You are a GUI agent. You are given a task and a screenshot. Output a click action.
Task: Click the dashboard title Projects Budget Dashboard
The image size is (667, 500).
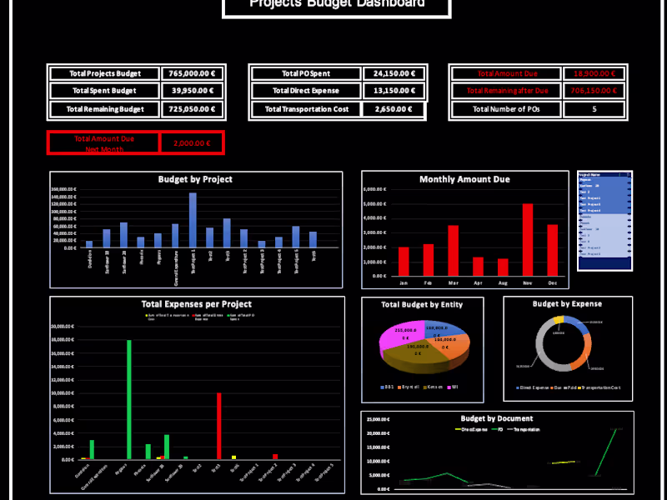pos(337,4)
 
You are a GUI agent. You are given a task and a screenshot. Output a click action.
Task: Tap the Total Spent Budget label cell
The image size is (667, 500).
pos(104,91)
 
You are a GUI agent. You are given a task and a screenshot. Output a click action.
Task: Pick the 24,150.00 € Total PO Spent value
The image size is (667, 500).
pos(394,73)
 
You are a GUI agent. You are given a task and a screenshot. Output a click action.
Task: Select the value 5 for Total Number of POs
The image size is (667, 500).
pos(594,109)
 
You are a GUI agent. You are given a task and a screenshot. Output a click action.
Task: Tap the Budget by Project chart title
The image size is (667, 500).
pos(195,179)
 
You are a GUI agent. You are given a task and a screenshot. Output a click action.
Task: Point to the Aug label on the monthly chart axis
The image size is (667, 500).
pos(503,283)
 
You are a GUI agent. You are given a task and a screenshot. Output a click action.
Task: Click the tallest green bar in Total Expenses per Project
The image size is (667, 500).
pos(129,399)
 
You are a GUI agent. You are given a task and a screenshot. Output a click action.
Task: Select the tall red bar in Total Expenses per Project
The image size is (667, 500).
pos(219,426)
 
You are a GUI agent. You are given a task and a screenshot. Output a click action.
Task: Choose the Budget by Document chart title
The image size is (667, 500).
pos(496,418)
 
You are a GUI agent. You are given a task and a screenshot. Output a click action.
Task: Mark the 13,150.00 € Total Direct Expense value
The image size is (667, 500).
pos(394,91)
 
